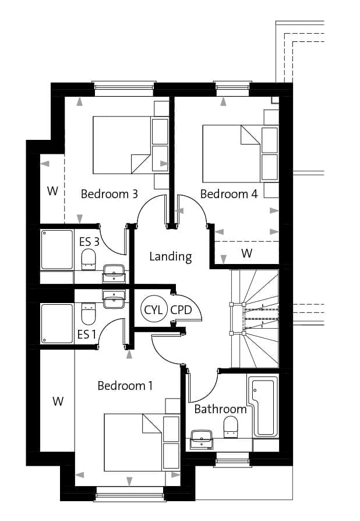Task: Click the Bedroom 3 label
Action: pyautogui.click(x=110, y=193)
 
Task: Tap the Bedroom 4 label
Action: pyautogui.click(x=229, y=193)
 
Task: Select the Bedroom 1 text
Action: pyautogui.click(x=125, y=386)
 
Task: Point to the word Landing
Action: pyautogui.click(x=170, y=257)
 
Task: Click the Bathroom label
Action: pyautogui.click(x=220, y=409)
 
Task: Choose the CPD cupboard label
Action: pyautogui.click(x=181, y=310)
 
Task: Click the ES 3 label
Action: pyautogui.click(x=89, y=242)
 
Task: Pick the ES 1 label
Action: pyautogui.click(x=86, y=335)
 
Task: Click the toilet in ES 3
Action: pyautogui.click(x=89, y=260)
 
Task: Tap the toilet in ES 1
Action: pyautogui.click(x=89, y=314)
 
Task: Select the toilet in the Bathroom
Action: pyautogui.click(x=231, y=427)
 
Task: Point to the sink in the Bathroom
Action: pyautogui.click(x=201, y=439)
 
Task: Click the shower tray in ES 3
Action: pyautogui.click(x=57, y=249)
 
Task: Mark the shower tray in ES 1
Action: pyautogui.click(x=57, y=323)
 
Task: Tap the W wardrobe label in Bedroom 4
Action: pyautogui.click(x=247, y=253)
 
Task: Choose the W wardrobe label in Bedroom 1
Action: pyautogui.click(x=58, y=401)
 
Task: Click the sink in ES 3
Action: pyautogui.click(x=114, y=273)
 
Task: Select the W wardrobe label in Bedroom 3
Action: pyautogui.click(x=52, y=191)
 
